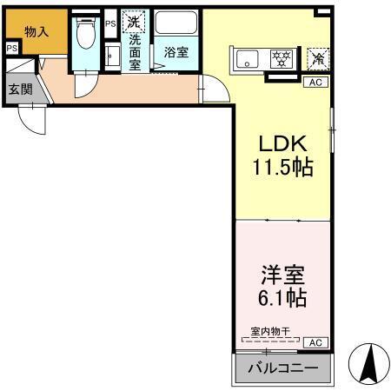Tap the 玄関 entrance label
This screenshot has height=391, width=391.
[20, 89]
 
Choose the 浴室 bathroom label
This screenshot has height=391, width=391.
[176, 52]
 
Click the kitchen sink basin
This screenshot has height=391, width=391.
[246, 61]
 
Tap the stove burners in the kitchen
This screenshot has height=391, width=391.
[281, 60]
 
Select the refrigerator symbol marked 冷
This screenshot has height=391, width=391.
[319, 58]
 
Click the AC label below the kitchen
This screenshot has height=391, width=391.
[315, 82]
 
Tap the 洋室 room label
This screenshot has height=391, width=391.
[282, 276]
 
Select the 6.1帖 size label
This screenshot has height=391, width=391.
[282, 300]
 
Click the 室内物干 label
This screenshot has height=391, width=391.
[268, 330]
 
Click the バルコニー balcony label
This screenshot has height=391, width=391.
[282, 368]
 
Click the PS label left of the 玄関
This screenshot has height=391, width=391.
[10, 49]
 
